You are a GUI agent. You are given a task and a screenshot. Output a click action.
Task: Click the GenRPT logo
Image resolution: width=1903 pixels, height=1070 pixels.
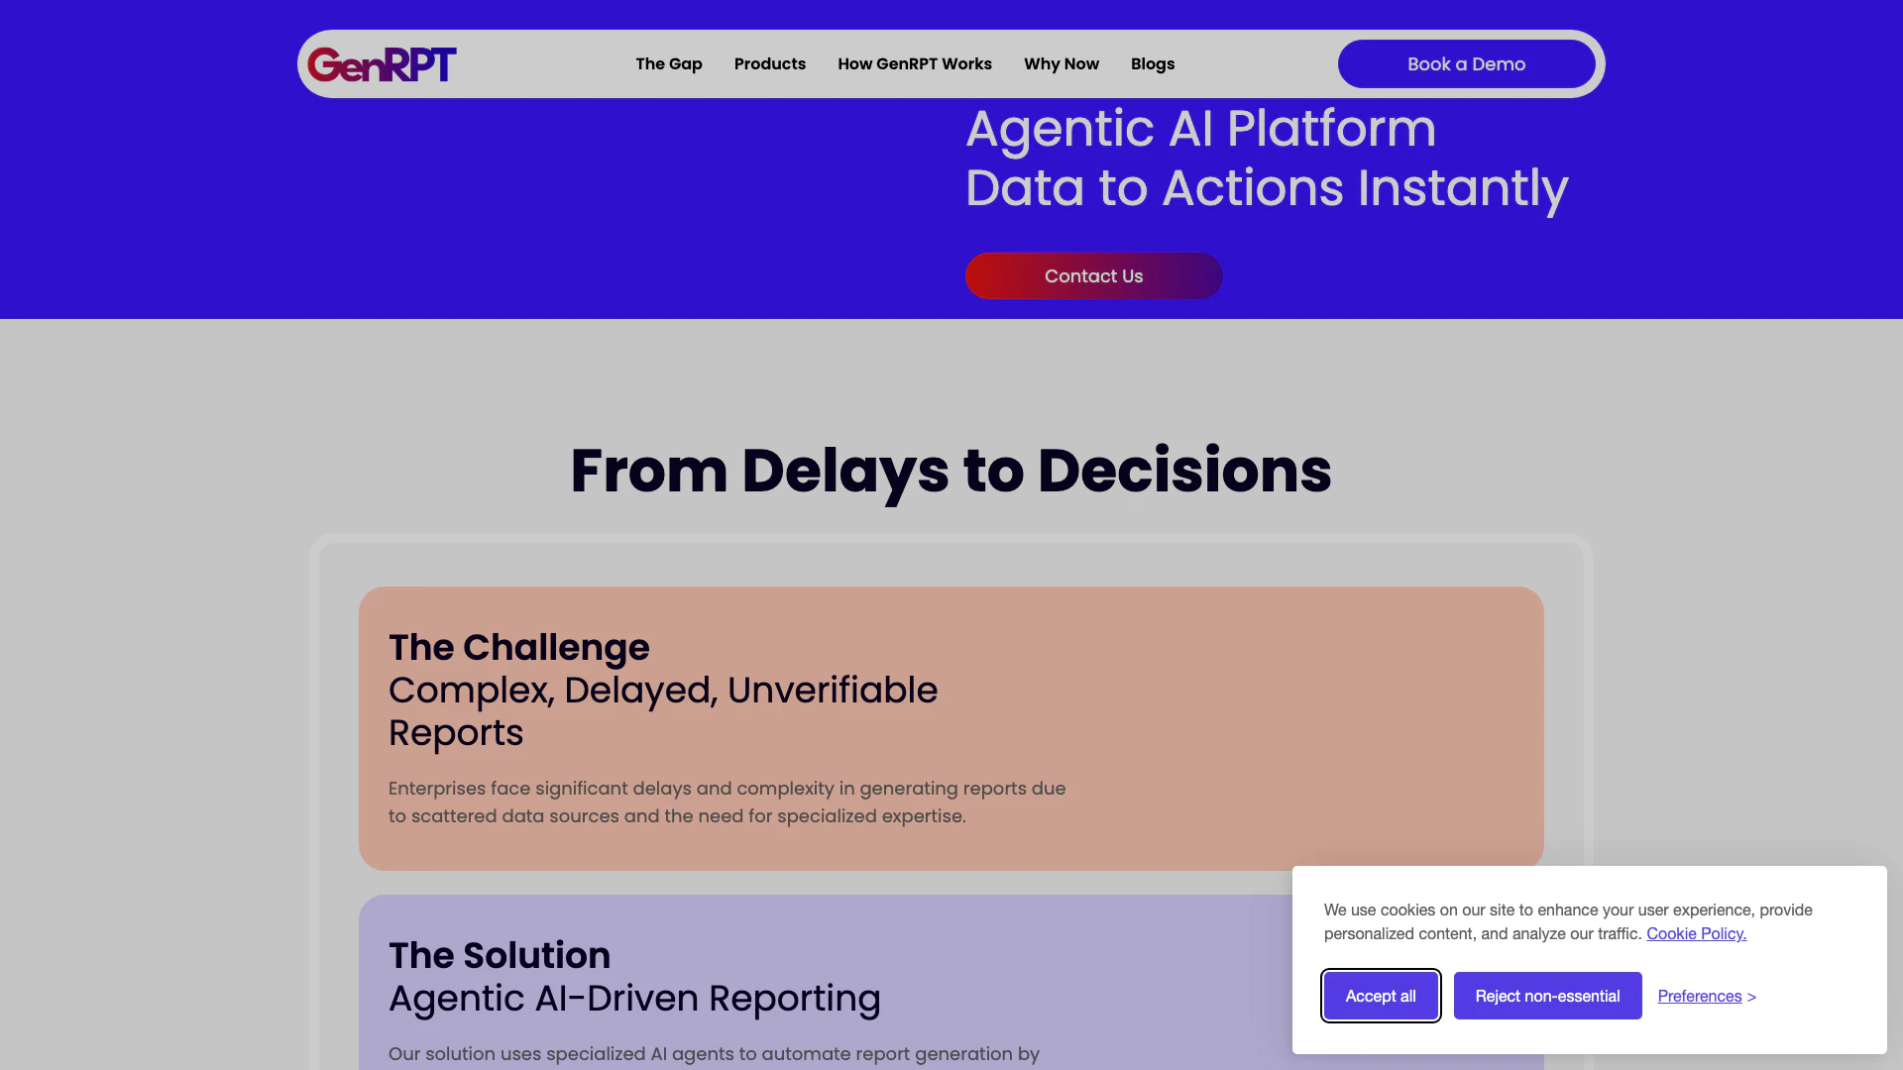point(382,64)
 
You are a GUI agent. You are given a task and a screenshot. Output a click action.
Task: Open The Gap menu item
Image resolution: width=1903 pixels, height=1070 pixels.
point(669,64)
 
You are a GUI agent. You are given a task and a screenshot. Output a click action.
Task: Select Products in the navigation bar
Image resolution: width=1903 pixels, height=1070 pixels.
point(770,64)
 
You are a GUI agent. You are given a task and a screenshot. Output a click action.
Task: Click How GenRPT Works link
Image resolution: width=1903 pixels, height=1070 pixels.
point(915,64)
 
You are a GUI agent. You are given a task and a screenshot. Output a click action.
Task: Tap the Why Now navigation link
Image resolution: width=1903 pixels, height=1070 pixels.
point(1062,64)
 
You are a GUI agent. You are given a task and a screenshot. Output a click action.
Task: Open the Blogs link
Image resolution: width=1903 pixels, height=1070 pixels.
point(1153,64)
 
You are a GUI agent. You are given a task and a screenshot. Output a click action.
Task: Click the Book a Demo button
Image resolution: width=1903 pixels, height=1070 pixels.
point(1467,64)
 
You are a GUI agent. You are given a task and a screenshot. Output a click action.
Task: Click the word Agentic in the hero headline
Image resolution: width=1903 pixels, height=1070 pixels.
point(1061,130)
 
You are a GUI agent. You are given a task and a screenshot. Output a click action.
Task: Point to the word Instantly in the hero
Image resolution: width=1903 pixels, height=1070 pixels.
point(1463,189)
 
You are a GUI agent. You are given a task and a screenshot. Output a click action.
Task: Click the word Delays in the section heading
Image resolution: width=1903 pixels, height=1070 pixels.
point(844,472)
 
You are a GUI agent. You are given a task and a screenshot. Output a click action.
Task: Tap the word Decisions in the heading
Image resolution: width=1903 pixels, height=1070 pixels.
point(1184,471)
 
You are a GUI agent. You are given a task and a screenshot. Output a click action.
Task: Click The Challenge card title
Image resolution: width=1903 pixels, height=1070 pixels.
point(519,647)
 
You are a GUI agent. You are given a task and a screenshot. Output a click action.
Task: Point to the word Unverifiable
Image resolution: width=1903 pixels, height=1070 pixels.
point(833,690)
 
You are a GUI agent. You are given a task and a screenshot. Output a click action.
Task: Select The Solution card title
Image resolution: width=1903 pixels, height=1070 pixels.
point(500,955)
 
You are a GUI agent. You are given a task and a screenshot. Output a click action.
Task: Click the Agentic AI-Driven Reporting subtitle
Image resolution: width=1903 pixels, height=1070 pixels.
point(634,999)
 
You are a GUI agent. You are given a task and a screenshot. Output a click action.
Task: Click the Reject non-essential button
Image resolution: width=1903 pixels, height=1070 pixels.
point(1548,996)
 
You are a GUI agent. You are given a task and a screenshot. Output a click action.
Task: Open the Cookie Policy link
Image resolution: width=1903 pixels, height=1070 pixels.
point(1697,933)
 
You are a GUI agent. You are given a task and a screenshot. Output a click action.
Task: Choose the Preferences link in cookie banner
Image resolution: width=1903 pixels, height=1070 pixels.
point(1707,996)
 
